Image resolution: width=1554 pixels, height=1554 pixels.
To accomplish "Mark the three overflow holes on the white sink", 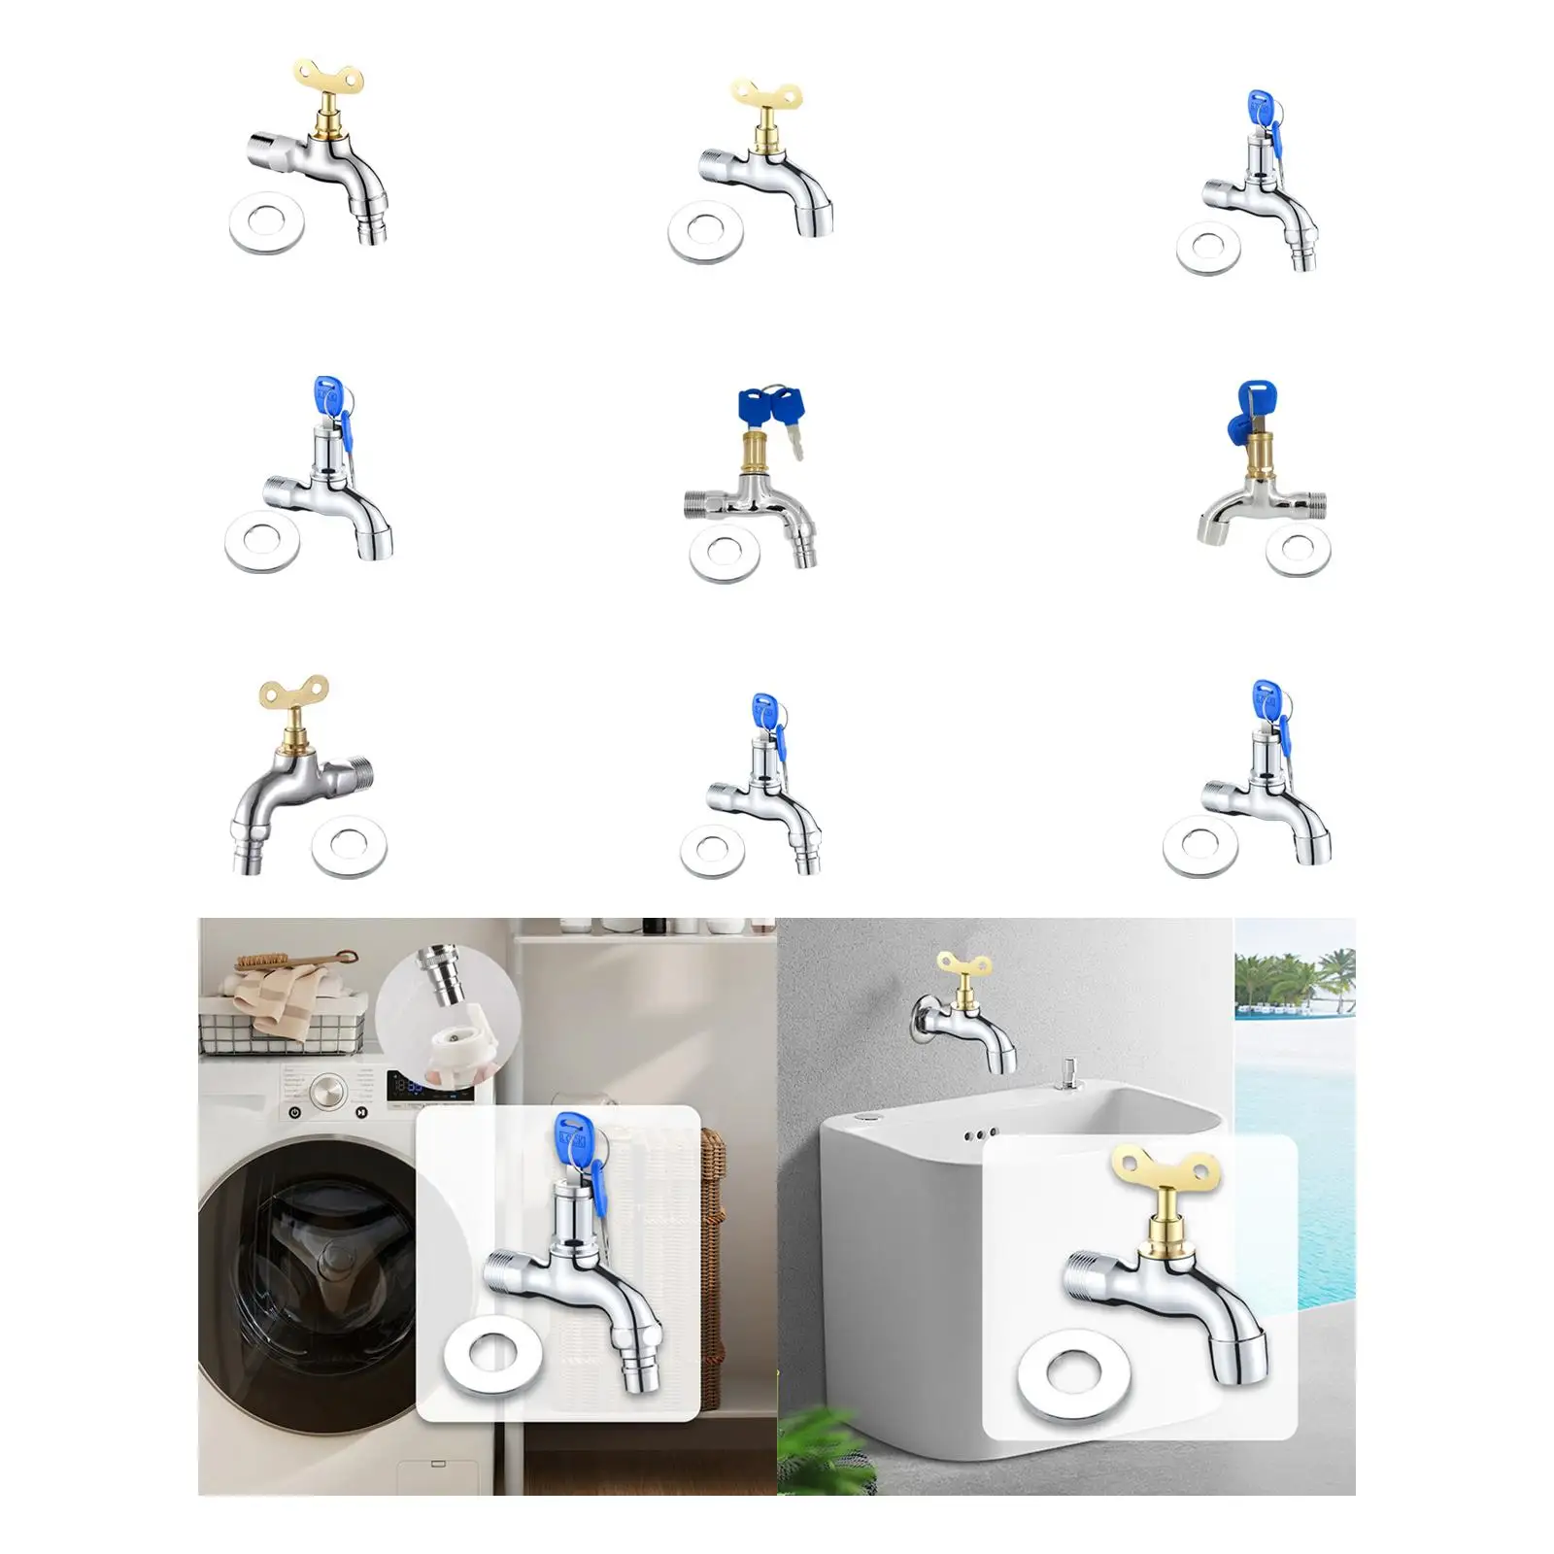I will pyautogui.click(x=979, y=1133).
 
